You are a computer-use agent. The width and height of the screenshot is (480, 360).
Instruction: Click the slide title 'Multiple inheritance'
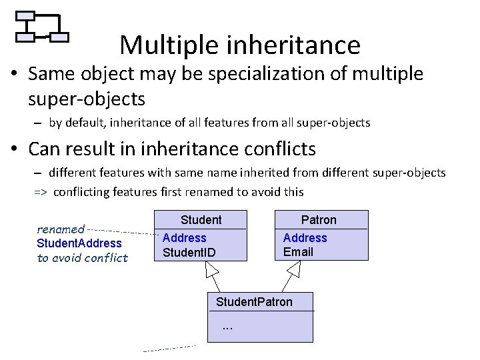240,45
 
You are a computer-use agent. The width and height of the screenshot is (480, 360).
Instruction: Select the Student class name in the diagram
201,220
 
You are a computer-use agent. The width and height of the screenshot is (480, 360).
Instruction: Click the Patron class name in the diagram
319,220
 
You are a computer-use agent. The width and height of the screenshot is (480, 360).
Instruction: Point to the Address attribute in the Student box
185,238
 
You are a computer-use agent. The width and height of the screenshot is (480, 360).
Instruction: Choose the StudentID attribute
189,252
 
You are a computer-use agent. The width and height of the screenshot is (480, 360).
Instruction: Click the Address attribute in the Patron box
305,238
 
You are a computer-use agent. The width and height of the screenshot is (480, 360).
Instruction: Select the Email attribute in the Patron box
298,252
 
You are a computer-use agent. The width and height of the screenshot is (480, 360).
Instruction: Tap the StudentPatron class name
254,302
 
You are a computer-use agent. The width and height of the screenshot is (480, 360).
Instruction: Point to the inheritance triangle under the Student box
212,269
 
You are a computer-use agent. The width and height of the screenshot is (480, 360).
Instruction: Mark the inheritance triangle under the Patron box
294,269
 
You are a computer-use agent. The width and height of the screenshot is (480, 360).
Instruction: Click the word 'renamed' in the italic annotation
61,229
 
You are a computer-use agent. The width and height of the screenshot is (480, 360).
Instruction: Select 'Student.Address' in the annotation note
79,243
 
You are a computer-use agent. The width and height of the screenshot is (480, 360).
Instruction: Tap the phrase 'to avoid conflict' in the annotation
82,258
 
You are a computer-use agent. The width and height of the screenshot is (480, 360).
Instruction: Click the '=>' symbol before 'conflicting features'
41,192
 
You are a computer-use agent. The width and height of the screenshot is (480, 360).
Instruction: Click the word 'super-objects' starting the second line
87,99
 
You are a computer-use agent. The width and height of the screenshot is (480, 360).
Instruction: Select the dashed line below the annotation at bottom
170,347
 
